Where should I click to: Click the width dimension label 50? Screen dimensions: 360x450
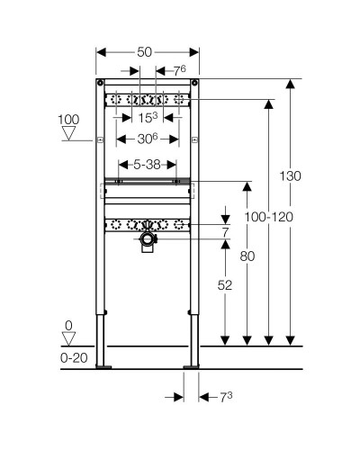tap(145, 52)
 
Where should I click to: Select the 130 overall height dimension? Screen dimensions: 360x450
tap(290, 175)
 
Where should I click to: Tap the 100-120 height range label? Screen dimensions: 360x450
tap(269, 217)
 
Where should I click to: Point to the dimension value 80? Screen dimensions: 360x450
tap(247, 256)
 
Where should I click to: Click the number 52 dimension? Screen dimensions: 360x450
tap(225, 285)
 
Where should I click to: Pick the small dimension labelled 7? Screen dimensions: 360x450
tap(226, 232)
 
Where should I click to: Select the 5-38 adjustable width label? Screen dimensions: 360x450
tap(147, 165)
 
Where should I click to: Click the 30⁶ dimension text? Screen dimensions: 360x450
tap(148, 139)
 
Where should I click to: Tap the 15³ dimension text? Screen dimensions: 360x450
tap(148, 118)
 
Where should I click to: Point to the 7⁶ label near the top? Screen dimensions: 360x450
tap(180, 71)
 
